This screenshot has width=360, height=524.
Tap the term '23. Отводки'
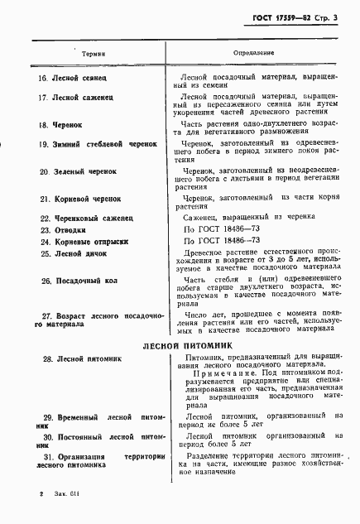61,229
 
